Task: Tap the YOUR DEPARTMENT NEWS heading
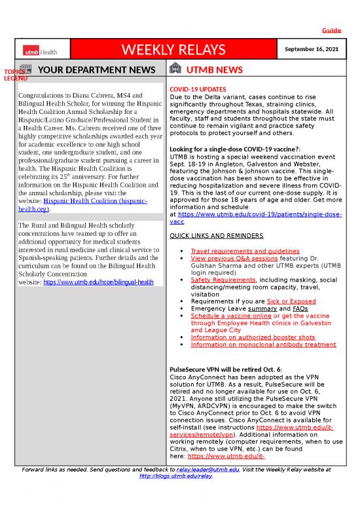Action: pos(97,69)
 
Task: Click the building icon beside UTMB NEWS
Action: pos(175,69)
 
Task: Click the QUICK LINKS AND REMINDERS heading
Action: pos(216,236)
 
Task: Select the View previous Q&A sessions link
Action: pos(234,258)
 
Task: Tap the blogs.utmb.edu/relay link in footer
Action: pos(176,495)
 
